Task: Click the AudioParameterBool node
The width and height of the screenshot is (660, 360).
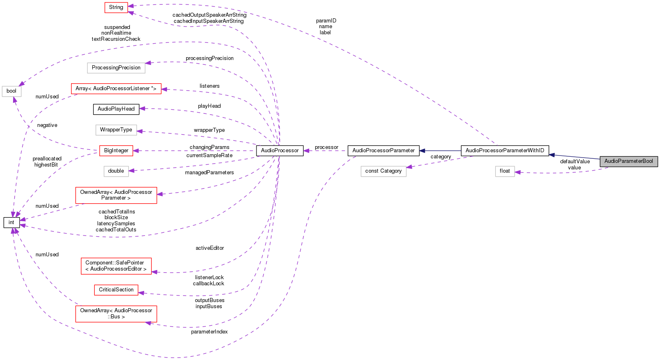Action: tap(629, 161)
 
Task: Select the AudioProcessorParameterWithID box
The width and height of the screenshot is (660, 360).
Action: tap(505, 151)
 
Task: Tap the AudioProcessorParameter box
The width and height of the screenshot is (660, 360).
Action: tap(384, 151)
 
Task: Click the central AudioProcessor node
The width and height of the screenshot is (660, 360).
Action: tap(280, 151)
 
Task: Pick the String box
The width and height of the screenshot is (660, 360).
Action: tap(116, 7)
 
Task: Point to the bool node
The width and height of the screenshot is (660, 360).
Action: tap(11, 91)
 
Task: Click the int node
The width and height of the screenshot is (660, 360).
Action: tap(11, 222)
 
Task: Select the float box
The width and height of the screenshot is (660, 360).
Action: tap(505, 171)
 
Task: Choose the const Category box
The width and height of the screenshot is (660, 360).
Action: tap(384, 171)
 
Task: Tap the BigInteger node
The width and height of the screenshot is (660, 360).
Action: tap(116, 151)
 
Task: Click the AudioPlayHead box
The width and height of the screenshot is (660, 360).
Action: tap(116, 109)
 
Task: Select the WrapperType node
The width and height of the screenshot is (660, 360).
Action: tap(116, 130)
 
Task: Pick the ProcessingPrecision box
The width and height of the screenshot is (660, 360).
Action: tap(116, 68)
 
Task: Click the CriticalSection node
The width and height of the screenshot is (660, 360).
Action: tap(116, 290)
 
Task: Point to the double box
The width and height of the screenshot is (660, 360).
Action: tap(116, 171)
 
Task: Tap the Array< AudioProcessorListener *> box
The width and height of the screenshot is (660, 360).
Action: tap(116, 89)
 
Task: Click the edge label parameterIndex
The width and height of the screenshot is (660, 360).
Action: tap(209, 332)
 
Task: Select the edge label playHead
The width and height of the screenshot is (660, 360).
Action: tap(209, 106)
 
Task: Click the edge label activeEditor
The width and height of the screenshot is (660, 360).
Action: tap(210, 248)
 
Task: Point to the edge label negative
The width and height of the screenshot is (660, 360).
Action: tap(47, 125)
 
